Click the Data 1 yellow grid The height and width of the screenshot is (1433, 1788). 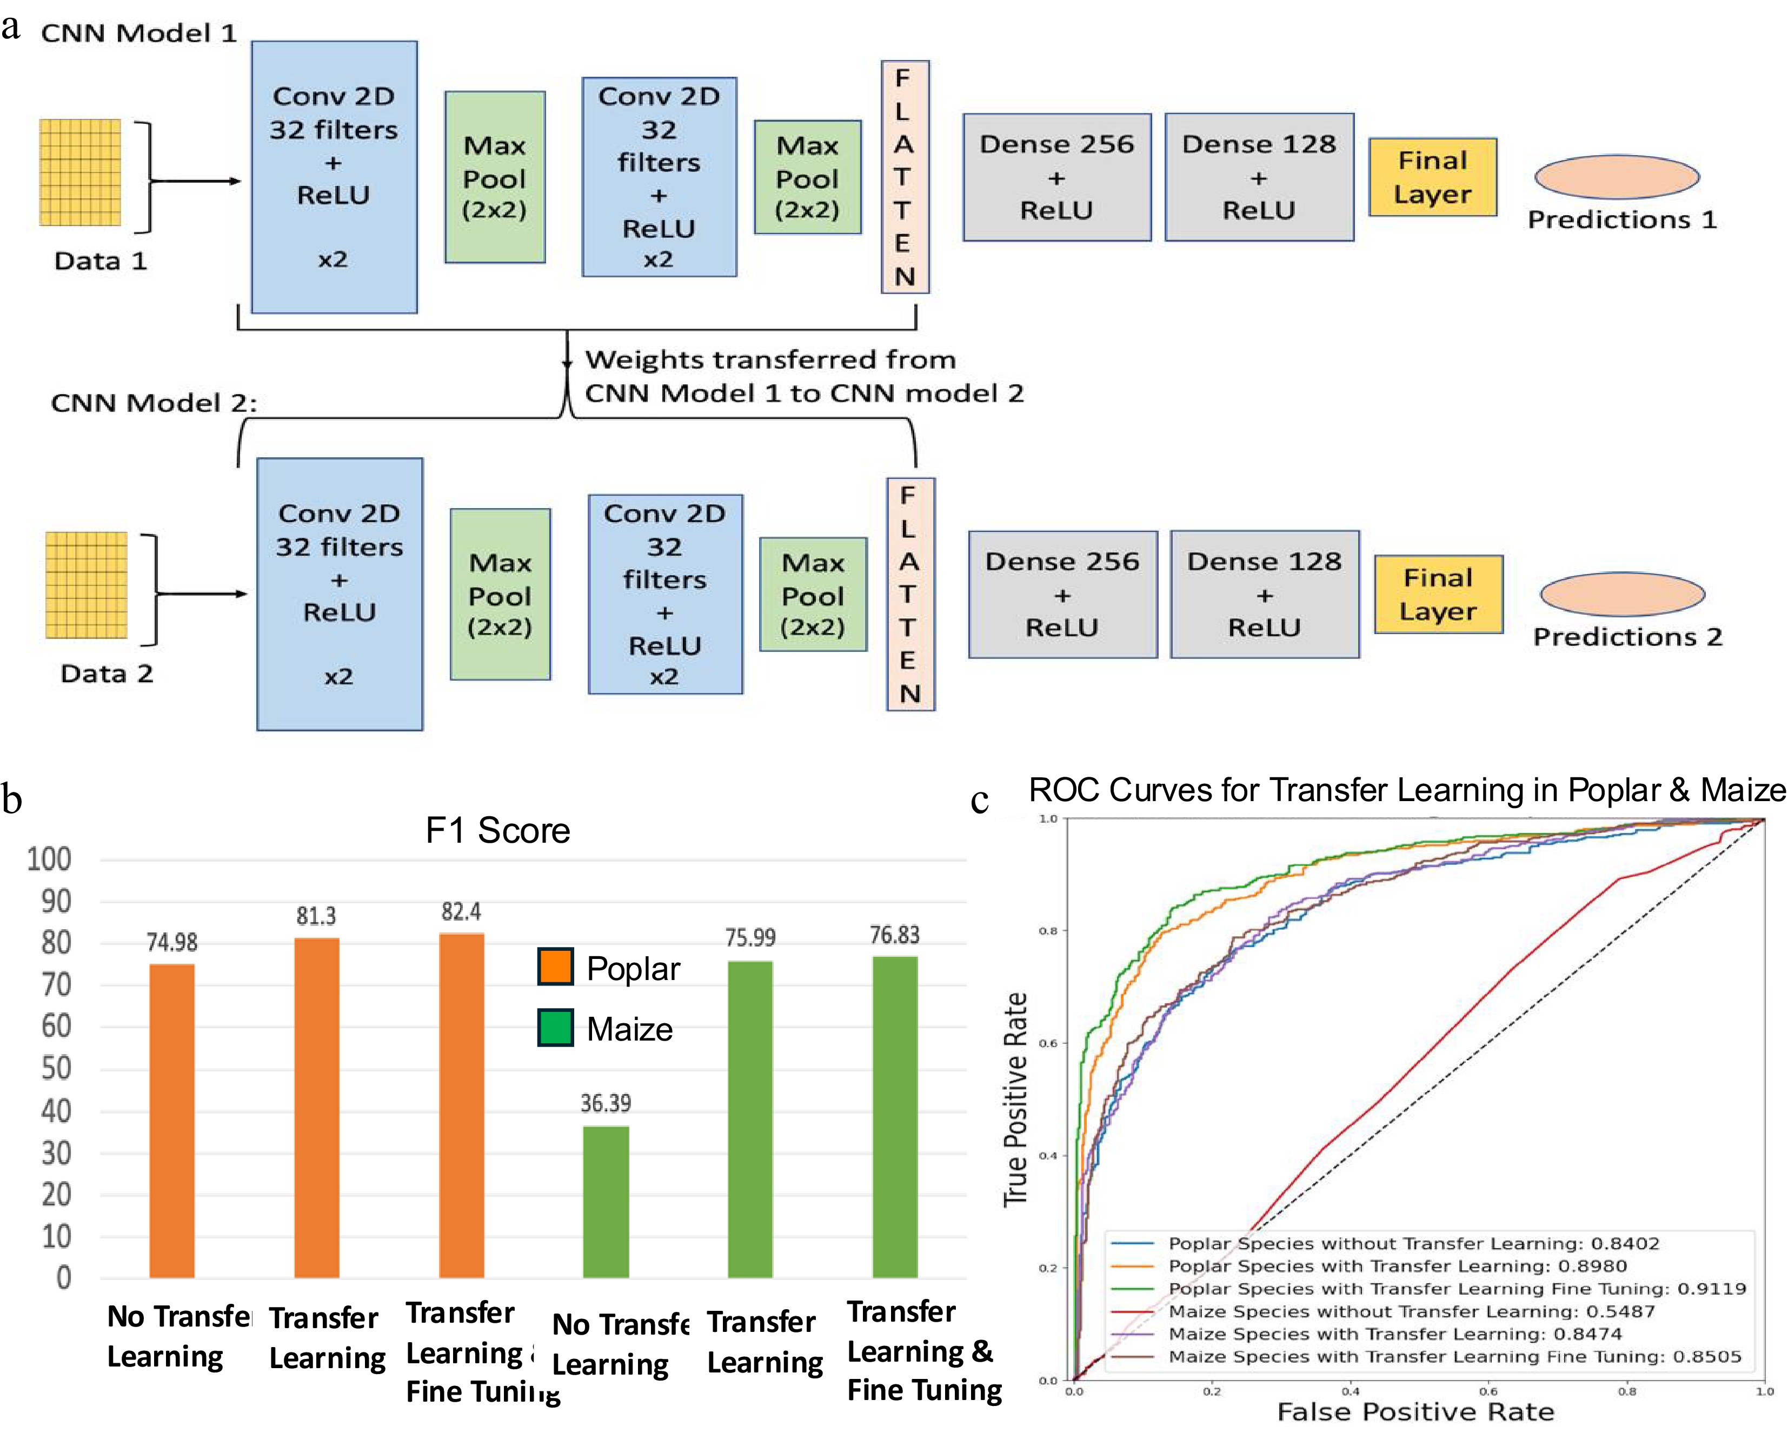pos(81,172)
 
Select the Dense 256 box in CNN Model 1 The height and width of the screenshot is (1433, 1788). pos(1056,177)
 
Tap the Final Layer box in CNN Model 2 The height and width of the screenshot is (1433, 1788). pos(1438,595)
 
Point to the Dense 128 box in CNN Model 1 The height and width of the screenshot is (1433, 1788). pos(1259,177)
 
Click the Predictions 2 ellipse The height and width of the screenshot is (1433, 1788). pos(1622,594)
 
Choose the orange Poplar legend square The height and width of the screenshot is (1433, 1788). pos(555,967)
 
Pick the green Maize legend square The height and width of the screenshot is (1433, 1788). pos(555,1028)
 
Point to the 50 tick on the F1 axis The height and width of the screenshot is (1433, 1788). pos(56,1068)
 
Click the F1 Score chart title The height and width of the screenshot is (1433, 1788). pos(497,830)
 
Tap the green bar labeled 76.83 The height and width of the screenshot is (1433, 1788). pos(895,1117)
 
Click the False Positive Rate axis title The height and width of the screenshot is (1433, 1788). pos(1415,1411)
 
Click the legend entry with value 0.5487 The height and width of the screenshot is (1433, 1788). pos(1410,1311)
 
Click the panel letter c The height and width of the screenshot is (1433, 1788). pos(979,800)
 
